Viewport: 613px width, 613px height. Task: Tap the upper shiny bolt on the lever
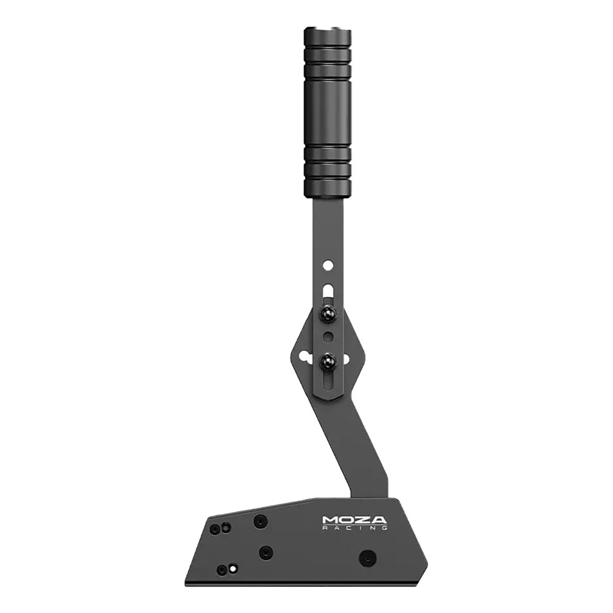point(327,314)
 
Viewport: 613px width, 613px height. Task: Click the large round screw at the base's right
point(367,556)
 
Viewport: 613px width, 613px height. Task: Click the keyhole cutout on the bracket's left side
point(306,357)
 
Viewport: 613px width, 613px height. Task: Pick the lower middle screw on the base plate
point(265,552)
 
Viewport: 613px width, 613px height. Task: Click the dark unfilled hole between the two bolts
point(328,337)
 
